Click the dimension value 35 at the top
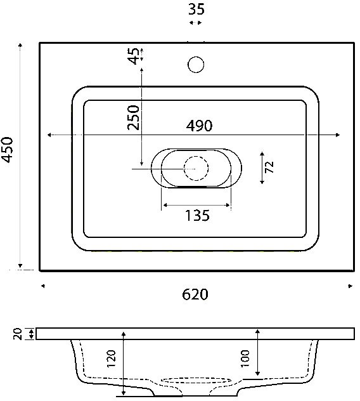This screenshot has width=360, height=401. tap(196, 9)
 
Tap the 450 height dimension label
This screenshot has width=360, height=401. tap(8, 150)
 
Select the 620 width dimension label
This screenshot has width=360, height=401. tap(195, 294)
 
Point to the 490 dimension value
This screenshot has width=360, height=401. tap(199, 126)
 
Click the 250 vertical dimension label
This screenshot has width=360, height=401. tap(134, 117)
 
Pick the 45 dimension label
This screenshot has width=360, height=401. tap(134, 56)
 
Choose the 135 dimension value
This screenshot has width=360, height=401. tap(197, 215)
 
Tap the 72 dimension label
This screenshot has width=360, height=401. tap(269, 168)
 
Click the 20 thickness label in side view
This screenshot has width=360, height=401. tap(18, 334)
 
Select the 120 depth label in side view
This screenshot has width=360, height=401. tap(111, 358)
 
